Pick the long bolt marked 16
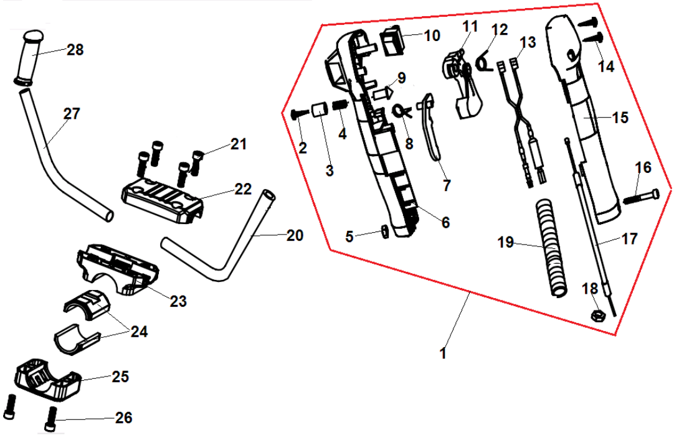coord(640,198)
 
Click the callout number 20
coord(295,236)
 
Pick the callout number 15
coord(620,116)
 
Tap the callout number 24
coord(139,332)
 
